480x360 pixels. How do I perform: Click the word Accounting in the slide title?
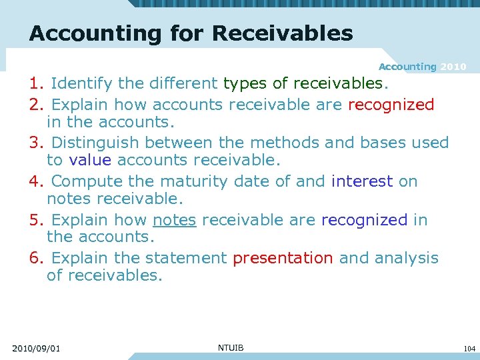click(96, 33)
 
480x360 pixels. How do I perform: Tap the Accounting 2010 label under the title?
click(422, 67)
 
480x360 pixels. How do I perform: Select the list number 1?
click(36, 84)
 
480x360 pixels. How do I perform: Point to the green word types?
click(246, 84)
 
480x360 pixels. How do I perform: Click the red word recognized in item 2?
click(391, 105)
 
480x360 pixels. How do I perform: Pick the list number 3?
click(36, 143)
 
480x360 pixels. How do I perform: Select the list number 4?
click(36, 181)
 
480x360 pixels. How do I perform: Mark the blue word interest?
click(362, 181)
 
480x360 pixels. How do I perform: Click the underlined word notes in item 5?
click(175, 220)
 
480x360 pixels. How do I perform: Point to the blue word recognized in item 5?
click(364, 220)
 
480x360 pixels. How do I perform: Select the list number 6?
click(36, 258)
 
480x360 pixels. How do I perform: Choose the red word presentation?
click(283, 258)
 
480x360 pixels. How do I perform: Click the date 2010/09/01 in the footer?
click(36, 348)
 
